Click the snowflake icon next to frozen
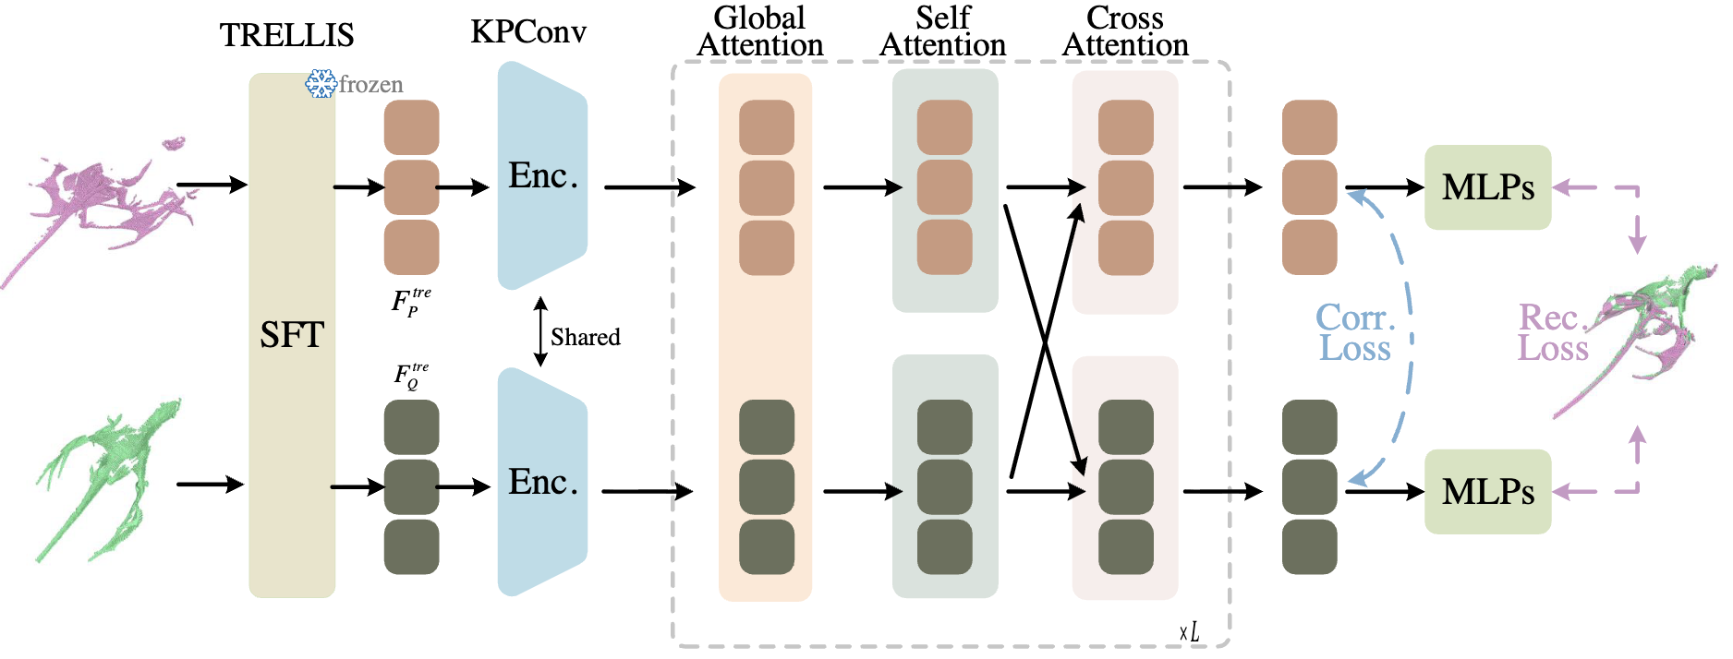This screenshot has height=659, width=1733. coord(321,84)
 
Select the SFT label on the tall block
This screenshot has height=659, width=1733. coord(292,334)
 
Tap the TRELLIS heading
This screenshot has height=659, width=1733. coord(286,35)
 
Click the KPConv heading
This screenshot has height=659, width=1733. coord(528,32)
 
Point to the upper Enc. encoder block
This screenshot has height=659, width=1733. coord(542,175)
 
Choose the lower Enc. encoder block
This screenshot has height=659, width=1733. coord(542,482)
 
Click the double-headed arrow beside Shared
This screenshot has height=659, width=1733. coord(540,331)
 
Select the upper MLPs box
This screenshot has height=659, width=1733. coord(1487,187)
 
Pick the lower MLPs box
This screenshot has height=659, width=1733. coord(1487,492)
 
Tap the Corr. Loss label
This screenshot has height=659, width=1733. coord(1355,333)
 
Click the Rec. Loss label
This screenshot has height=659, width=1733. coord(1553,333)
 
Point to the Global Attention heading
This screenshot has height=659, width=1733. coord(760,31)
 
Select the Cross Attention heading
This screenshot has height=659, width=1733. coord(1125,31)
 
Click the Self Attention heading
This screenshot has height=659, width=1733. coord(943,31)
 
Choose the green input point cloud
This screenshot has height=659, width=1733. coord(109,480)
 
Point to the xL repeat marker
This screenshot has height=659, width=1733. coord(1190,632)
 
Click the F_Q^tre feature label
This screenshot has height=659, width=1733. coord(411,376)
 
